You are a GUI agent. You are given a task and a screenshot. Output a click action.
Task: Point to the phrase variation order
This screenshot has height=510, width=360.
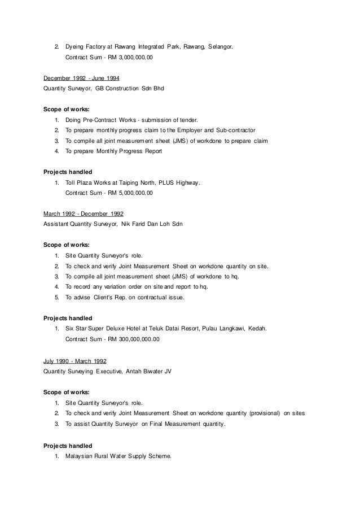[122, 286]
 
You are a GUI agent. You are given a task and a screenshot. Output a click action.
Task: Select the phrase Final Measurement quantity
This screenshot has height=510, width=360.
[181, 424]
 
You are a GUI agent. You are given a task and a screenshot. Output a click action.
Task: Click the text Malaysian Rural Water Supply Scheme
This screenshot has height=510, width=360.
[118, 455]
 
